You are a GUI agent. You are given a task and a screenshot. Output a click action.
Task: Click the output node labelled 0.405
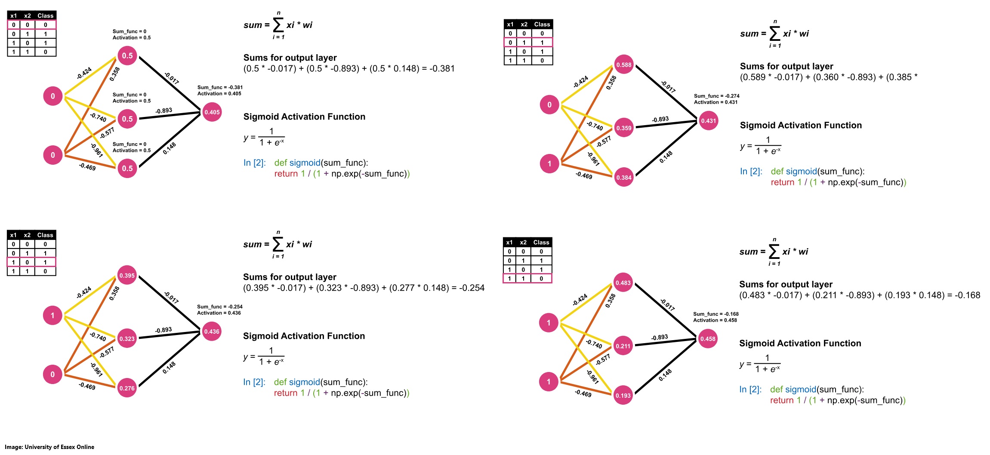click(x=212, y=112)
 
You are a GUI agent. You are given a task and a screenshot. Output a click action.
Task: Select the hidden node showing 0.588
click(x=624, y=65)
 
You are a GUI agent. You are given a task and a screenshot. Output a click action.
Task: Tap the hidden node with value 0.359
click(x=624, y=128)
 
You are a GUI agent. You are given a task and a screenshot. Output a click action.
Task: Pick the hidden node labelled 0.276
click(x=127, y=388)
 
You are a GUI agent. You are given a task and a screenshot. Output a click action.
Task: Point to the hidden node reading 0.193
click(x=623, y=395)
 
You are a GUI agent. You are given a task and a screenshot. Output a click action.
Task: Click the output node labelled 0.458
click(x=708, y=339)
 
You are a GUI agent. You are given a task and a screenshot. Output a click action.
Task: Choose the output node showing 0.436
click(x=212, y=332)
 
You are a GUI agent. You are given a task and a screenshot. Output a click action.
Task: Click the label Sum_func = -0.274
click(x=716, y=96)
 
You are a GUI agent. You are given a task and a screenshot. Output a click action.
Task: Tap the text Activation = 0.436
click(x=219, y=313)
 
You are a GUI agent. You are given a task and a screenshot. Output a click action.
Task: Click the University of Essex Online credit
click(x=49, y=447)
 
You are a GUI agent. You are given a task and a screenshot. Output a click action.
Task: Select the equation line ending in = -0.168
click(x=859, y=295)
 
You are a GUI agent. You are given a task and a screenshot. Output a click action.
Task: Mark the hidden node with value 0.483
click(x=623, y=283)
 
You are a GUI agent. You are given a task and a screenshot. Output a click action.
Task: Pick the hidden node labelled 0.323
click(x=127, y=338)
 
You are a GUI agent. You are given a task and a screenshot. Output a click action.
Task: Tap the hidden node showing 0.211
click(x=623, y=346)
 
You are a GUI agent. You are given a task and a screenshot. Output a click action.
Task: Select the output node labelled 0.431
click(x=709, y=121)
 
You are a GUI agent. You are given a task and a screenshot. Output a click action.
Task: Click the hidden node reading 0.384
click(x=624, y=177)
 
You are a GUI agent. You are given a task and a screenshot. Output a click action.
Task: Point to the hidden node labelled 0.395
click(x=127, y=275)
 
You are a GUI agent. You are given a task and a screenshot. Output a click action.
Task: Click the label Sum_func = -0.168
click(x=716, y=314)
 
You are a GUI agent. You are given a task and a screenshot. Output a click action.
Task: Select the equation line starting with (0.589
click(x=829, y=77)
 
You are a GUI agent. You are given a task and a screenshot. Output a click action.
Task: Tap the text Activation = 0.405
click(x=219, y=93)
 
